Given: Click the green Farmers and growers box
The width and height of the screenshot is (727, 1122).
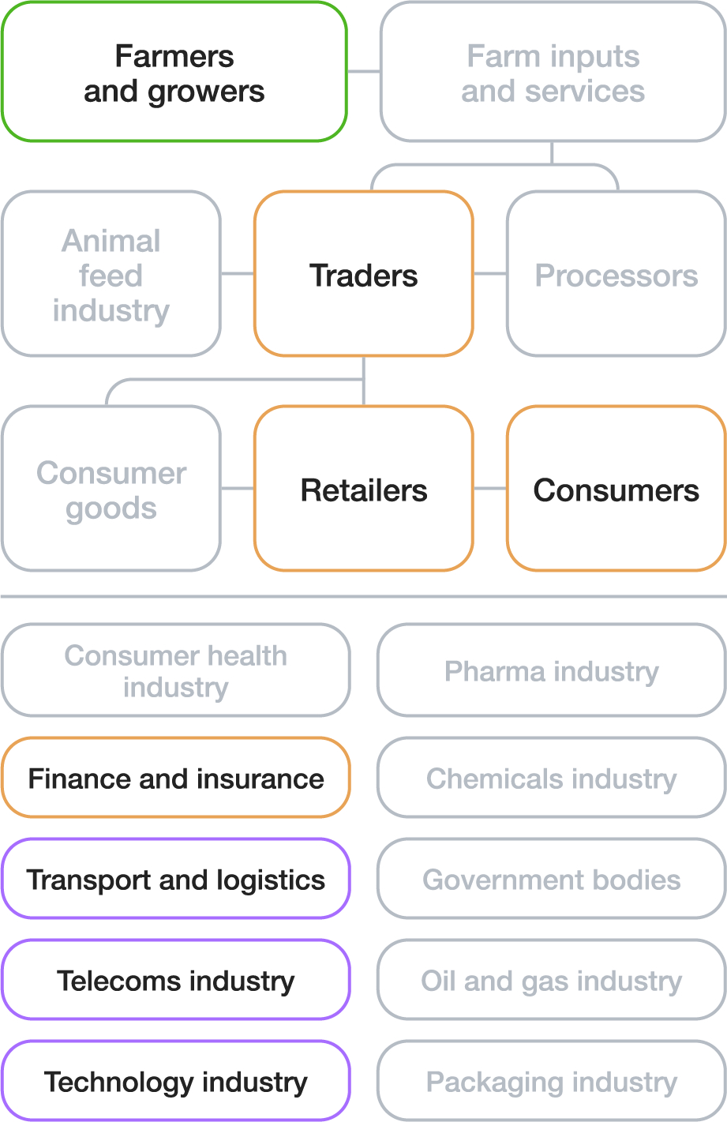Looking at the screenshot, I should point(174,73).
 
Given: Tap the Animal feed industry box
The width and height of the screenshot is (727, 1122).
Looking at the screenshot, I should point(111,274).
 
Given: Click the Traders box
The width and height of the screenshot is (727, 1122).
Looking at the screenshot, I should point(363,274).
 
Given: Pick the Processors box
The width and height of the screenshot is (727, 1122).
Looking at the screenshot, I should point(616,274).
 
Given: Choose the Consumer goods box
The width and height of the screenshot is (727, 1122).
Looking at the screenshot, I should point(111,489).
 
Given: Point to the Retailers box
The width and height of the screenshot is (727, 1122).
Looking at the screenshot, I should point(363,489).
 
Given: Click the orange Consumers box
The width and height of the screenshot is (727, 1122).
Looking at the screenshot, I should point(616,489).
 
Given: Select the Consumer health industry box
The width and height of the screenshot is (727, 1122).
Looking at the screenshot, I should point(175,670).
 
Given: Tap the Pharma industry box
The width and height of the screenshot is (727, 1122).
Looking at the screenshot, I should point(551,670).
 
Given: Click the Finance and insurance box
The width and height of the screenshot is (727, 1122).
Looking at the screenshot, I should point(175,778).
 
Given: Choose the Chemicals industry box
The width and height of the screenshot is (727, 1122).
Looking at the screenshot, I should point(551,778).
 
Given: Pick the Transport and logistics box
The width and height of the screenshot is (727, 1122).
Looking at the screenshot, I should point(175,879).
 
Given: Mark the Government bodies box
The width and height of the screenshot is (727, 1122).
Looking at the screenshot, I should point(551,879).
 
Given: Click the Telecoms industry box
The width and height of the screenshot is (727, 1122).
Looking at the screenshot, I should point(175,980).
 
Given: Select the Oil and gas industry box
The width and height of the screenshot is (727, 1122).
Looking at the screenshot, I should point(551,980).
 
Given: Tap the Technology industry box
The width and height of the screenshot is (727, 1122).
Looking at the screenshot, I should point(175,1081).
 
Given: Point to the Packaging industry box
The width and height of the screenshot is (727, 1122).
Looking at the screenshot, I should point(551,1081).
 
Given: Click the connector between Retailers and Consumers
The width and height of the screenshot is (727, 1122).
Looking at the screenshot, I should point(489,489).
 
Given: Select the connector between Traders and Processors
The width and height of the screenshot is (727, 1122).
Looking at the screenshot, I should point(489,274).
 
